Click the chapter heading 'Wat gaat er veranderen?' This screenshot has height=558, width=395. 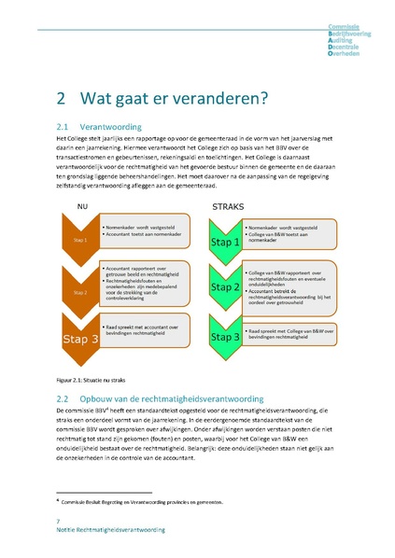(x=174, y=98)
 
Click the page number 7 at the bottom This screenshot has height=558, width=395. (x=59, y=520)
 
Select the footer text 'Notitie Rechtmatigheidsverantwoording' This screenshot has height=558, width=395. (x=110, y=529)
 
